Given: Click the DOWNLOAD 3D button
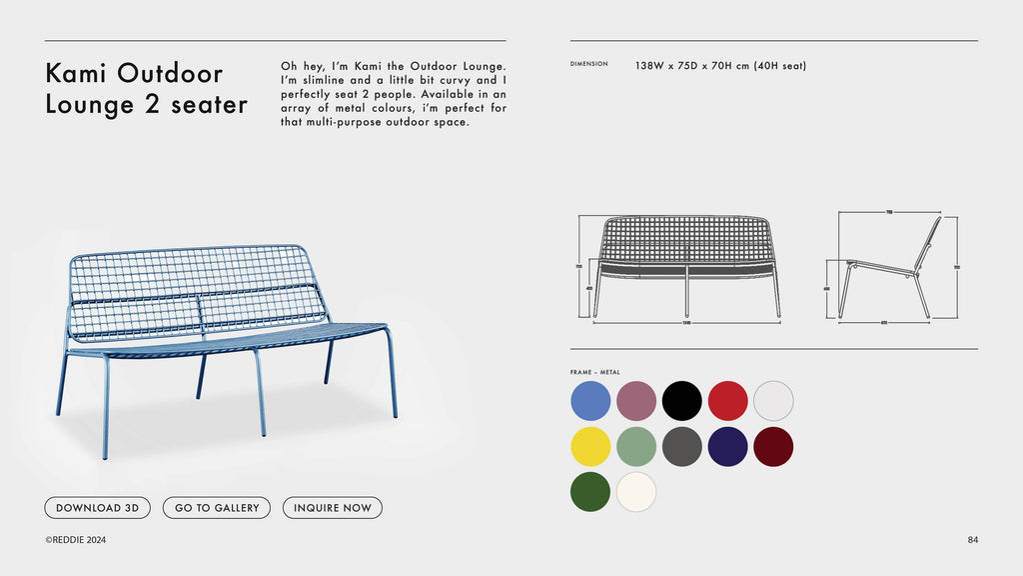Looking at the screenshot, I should [97, 508].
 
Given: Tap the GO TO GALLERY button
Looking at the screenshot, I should [217, 508].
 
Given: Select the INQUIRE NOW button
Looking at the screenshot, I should [332, 508].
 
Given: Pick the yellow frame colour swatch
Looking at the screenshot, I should [590, 447].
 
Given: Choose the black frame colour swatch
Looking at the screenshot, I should [682, 401].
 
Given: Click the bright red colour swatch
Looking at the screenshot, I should [728, 401].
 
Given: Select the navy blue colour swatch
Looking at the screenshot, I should [728, 447].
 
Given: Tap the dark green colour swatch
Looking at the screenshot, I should [590, 492].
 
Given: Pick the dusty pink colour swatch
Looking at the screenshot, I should [636, 401].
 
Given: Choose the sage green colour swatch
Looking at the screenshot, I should [636, 447].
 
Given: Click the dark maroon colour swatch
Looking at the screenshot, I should [773, 447].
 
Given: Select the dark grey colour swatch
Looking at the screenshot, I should [682, 447].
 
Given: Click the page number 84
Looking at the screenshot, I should [973, 540].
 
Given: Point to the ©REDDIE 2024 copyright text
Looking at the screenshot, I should [75, 540].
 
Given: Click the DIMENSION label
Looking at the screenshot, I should [588, 64].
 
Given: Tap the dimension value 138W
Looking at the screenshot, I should [649, 66].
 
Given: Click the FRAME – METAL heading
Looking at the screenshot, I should [595, 372].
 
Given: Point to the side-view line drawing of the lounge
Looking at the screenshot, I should [889, 267].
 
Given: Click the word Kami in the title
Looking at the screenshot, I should [77, 73].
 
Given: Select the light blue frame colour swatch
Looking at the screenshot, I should [590, 401].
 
